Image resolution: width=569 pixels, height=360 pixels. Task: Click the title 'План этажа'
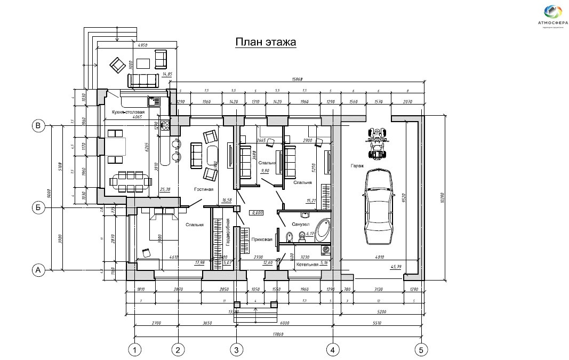click(266, 42)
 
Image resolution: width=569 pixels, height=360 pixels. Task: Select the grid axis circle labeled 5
click(421, 350)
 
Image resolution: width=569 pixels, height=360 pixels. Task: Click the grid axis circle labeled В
click(38, 126)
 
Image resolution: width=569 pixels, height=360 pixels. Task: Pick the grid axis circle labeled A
click(38, 270)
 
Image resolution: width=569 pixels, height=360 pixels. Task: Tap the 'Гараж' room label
click(357, 166)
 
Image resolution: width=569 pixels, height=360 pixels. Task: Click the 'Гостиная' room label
click(204, 189)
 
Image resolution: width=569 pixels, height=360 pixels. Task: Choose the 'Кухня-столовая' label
click(129, 112)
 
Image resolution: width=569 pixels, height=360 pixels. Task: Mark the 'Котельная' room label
click(308, 264)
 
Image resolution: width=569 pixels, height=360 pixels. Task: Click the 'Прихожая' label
click(262, 240)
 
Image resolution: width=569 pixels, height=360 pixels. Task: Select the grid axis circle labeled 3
click(236, 350)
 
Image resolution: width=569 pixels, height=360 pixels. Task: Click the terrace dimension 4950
click(142, 46)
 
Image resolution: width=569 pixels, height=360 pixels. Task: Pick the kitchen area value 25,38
click(164, 189)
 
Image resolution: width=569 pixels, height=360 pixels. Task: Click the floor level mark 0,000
click(258, 212)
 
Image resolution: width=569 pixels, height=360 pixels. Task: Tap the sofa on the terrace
click(143, 81)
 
